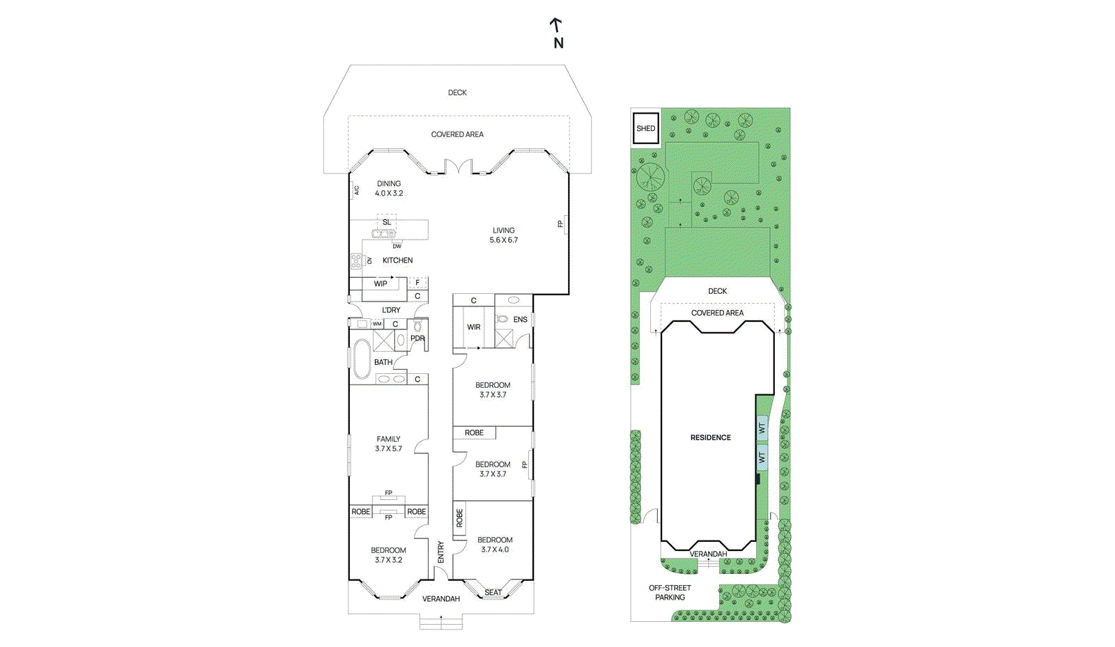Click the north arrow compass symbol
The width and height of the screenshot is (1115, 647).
click(556, 32)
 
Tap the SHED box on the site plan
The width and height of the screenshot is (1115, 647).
click(645, 129)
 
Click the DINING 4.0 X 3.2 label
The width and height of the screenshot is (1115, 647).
click(389, 189)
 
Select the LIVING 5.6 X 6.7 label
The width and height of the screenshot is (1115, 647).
click(503, 235)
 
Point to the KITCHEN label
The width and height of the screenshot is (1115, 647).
click(397, 260)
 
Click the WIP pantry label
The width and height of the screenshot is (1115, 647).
click(380, 283)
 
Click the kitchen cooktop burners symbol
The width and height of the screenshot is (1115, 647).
click(356, 261)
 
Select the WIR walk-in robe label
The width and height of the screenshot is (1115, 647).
click(473, 327)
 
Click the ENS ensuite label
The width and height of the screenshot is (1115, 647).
click(520, 320)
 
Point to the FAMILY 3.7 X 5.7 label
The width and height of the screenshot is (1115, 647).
click(388, 444)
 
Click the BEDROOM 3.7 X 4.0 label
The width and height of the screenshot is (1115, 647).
click(495, 545)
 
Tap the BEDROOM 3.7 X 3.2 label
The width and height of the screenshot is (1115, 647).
click(388, 555)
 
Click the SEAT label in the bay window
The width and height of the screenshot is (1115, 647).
click(493, 593)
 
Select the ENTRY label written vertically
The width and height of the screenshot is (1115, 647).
click(440, 552)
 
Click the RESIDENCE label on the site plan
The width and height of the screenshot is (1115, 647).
click(710, 438)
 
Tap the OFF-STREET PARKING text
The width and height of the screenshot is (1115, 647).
click(670, 593)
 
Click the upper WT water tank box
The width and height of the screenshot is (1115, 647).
click(762, 428)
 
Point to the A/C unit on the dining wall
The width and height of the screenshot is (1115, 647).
click(355, 189)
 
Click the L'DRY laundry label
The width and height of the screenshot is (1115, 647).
click(391, 310)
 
